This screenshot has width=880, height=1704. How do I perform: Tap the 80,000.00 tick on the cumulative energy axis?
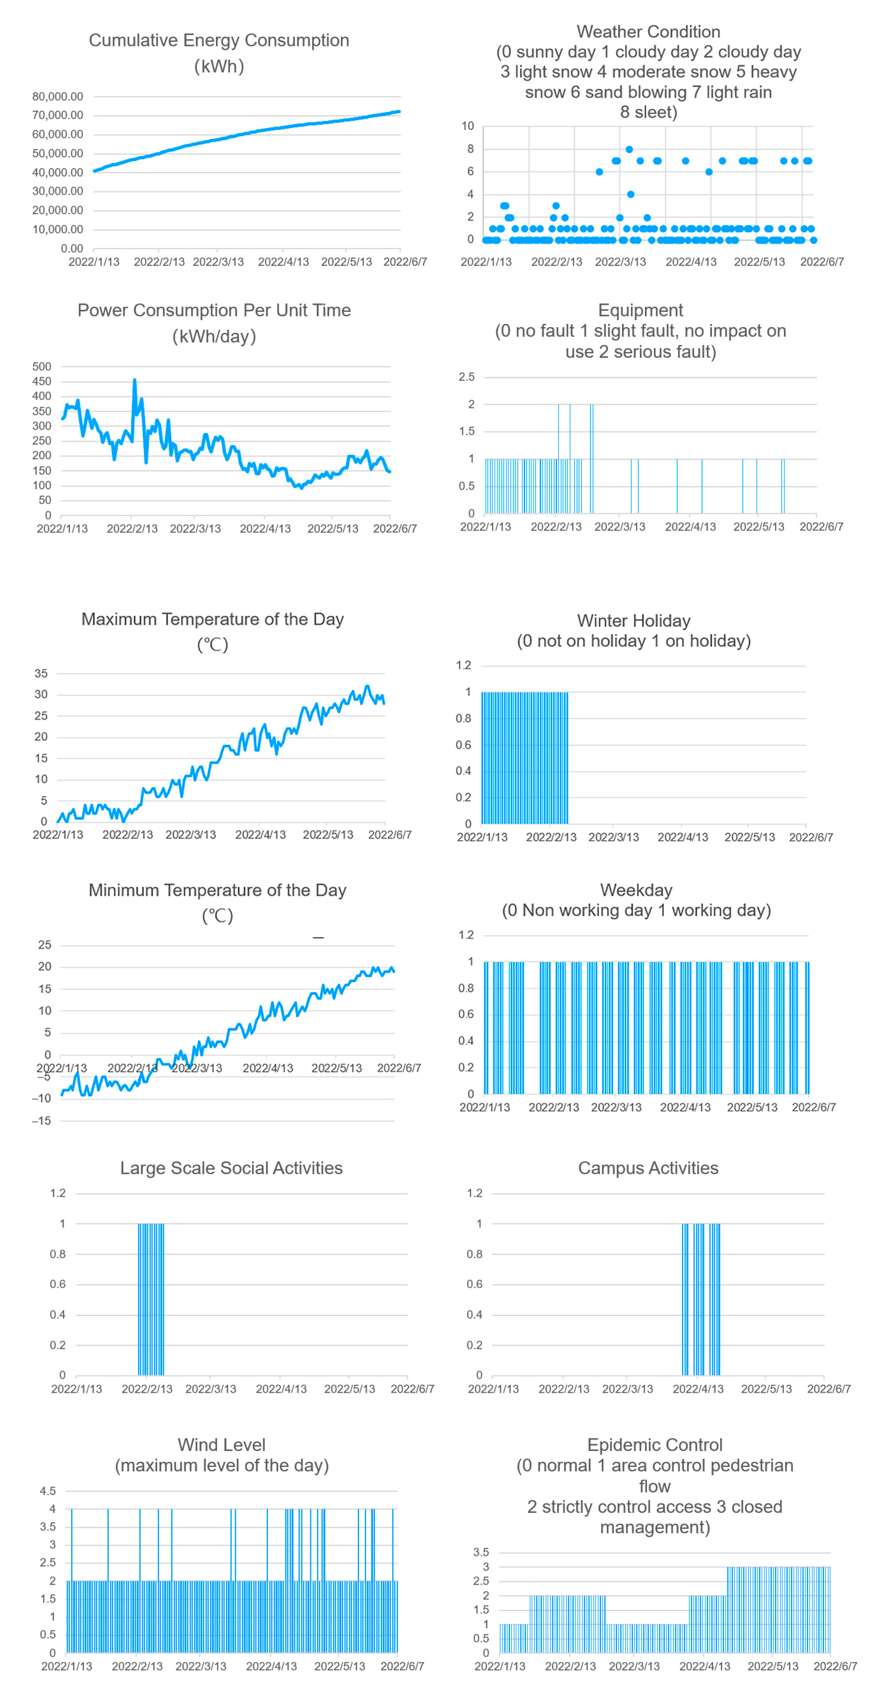coord(58,97)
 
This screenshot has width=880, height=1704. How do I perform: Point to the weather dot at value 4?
coord(631,195)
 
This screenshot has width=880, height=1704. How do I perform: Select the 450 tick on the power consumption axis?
coord(42,382)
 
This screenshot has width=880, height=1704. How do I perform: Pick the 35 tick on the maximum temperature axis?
coord(41,673)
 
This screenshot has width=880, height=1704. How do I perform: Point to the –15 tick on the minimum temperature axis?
coord(41,1121)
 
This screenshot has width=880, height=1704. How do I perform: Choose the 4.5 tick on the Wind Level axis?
coord(48,1491)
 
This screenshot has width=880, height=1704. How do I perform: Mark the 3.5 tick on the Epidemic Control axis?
coord(481,1552)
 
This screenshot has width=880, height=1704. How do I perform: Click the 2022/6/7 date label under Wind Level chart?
coord(402,1666)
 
